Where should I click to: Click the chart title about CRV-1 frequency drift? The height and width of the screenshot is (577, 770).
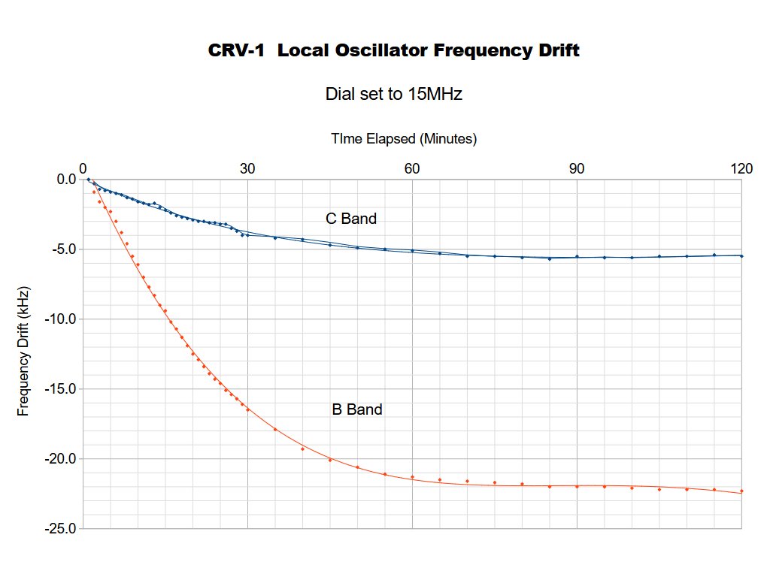(393, 51)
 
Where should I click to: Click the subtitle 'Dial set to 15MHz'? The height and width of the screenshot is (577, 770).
(393, 95)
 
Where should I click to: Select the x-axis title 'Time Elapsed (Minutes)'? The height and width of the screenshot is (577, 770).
(404, 139)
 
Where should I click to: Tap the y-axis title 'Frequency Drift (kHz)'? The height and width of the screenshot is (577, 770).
(24, 352)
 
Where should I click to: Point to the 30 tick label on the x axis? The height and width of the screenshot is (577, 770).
(247, 168)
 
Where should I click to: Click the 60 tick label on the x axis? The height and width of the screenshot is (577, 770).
(412, 168)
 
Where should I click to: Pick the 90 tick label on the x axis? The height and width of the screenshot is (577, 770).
(577, 168)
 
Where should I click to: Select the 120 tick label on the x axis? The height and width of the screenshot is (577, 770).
(741, 168)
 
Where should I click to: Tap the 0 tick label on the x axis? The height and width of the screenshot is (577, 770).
(83, 168)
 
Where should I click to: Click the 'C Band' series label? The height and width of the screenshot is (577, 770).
(350, 219)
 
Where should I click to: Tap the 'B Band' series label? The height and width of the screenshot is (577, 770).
(357, 410)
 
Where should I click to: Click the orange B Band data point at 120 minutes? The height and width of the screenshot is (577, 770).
(741, 491)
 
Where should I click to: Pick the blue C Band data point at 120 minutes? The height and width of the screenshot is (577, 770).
(741, 255)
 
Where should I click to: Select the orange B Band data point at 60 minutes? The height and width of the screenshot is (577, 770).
(412, 477)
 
